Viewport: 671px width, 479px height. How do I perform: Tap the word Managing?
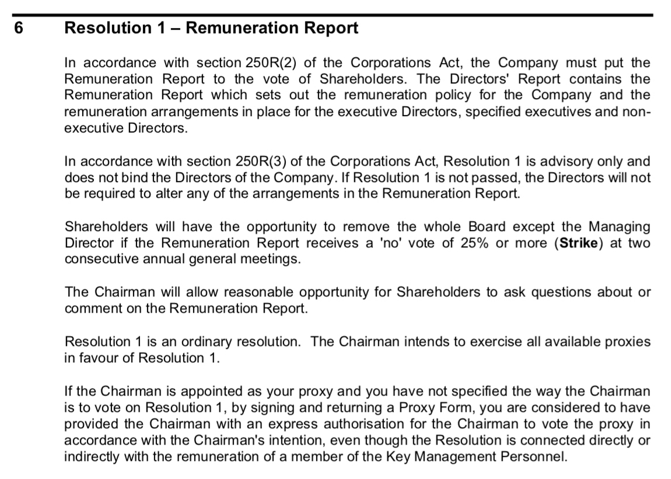pyautogui.click(x=619, y=226)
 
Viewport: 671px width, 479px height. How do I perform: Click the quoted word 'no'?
pyautogui.click(x=389, y=243)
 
